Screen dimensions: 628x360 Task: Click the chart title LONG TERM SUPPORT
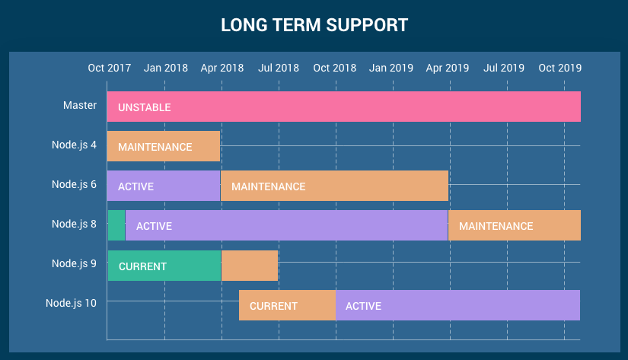coord(314,25)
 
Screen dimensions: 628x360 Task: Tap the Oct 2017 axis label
coord(110,68)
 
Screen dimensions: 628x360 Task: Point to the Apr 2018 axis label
coord(222,68)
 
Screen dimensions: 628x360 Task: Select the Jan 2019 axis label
coord(391,68)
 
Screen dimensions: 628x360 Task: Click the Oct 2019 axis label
coord(560,68)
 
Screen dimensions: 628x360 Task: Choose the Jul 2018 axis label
coord(279,68)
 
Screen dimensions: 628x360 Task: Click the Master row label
coord(80,105)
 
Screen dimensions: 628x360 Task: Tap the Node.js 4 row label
coord(74,145)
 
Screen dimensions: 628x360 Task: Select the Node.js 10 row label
coord(71,303)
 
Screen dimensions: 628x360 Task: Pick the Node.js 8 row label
coord(74,224)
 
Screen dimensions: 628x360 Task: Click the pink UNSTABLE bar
coord(343,107)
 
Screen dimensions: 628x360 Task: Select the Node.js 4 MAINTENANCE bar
coord(164,146)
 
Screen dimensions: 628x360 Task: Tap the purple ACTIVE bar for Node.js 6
coord(164,186)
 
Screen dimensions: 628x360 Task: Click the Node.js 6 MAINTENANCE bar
coord(334,186)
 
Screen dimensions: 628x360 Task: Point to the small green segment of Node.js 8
coord(116,225)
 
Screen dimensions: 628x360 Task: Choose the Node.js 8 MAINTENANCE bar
coord(515,225)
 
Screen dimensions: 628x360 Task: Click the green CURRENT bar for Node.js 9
coord(164,266)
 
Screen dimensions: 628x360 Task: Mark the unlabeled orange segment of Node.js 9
coord(250,266)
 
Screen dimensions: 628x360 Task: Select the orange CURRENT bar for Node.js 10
coord(287,305)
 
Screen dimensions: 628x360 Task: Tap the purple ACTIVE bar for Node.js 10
coord(457,305)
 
